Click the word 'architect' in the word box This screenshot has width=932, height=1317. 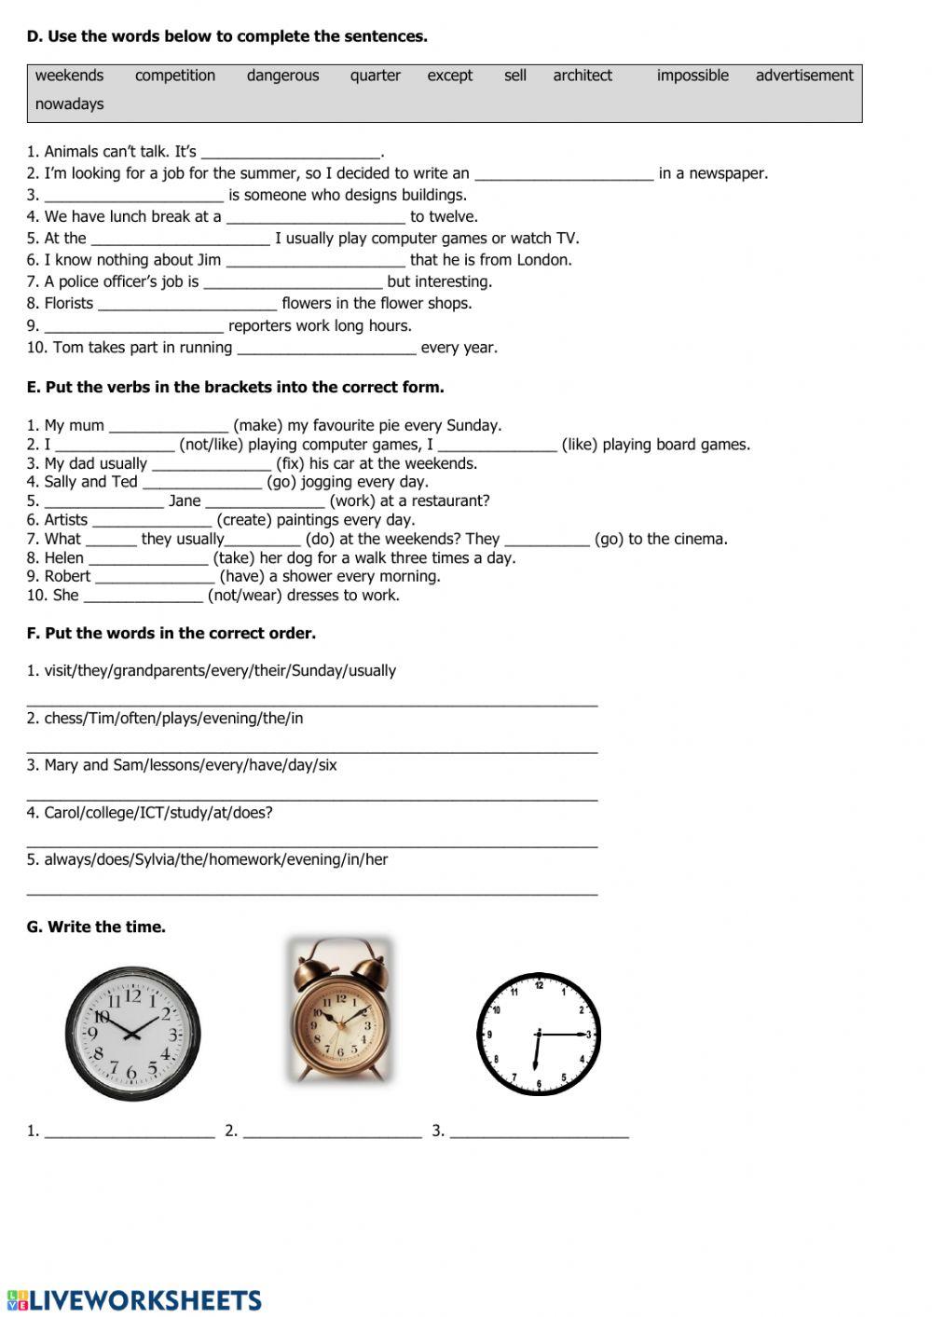pos(582,75)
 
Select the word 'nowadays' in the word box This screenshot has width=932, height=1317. pos(69,104)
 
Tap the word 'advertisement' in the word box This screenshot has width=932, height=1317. pos(804,75)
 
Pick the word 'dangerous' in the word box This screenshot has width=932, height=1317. pos(282,75)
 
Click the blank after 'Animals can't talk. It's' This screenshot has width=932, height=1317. pos(291,153)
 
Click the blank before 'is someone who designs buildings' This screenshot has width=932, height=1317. pos(133,196)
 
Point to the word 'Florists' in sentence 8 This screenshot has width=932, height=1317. pos(69,304)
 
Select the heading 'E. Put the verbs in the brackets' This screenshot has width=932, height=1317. pos(235,388)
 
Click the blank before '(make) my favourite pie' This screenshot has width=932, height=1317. pos(168,427)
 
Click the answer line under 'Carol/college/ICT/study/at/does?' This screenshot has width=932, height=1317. pos(312,844)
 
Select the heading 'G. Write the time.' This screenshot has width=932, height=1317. pos(96,927)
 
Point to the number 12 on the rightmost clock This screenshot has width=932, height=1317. pos(539,984)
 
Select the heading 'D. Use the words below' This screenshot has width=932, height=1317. pos(226,37)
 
